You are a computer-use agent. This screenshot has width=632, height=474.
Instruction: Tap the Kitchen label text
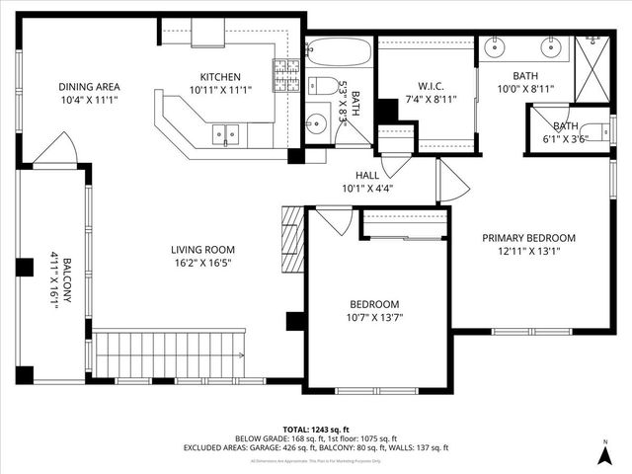coord(220,77)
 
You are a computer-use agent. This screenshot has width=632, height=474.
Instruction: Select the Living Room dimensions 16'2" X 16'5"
coord(202,264)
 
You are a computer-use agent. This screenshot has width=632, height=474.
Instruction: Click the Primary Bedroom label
coord(528,238)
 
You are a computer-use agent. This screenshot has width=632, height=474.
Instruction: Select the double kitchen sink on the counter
coord(226,133)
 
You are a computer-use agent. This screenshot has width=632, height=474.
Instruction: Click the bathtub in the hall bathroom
coord(338,51)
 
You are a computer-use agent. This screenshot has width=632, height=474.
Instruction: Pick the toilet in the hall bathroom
coord(321,86)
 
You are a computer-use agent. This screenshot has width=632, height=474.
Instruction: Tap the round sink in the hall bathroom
coord(316,123)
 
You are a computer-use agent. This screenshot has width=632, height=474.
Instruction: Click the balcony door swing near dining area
coord(55,150)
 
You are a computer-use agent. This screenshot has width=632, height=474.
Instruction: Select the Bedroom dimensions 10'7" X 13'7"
coord(375,317)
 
